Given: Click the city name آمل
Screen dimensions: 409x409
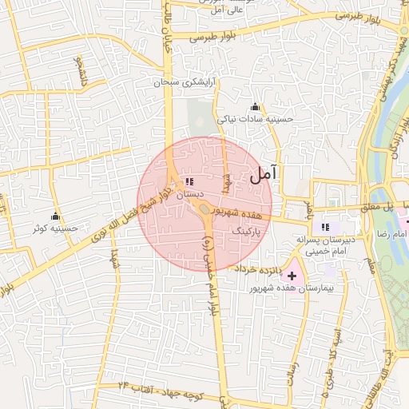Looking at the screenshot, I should (265, 174).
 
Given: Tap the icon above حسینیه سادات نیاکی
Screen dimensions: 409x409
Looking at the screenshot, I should (255, 107).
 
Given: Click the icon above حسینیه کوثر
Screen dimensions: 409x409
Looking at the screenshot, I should (55, 216).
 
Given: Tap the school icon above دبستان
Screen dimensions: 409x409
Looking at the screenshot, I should (189, 182).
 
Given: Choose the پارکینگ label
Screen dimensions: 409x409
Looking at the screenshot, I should (246, 230).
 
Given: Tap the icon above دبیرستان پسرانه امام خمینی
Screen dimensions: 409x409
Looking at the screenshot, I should (325, 227).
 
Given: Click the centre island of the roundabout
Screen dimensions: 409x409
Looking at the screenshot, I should (205, 209).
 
